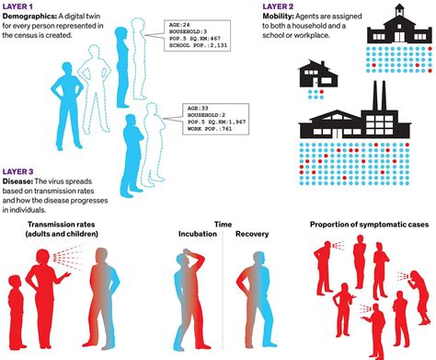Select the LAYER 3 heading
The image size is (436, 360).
coord(19,171)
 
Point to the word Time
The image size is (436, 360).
coord(224,223)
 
